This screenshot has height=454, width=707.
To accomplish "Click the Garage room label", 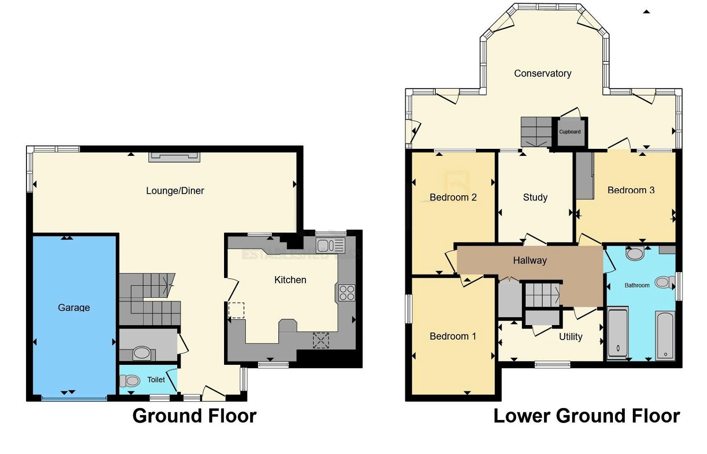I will pos(74,307).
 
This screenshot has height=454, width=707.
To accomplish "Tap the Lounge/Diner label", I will pos(175,191).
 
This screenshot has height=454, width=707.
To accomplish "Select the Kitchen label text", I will pos(290,280).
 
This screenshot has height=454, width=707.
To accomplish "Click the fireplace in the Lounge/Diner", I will pos(174,157).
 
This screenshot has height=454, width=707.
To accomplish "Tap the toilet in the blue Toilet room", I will pos(130,380).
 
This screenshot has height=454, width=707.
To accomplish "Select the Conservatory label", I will pos(543,73).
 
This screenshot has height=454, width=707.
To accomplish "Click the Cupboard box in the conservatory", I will pos(570,132).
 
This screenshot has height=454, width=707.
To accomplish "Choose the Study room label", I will pos(535,197).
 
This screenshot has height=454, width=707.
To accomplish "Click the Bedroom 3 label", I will pos(631,190).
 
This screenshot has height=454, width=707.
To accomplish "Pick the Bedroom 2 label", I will pos(453,197).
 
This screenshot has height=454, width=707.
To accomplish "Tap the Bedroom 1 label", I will pos(453,337).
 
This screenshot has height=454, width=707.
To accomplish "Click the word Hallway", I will pos(530,261).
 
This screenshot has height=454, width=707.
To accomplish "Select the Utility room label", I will pos(570,337).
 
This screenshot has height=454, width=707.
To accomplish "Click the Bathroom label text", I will pos(637,286).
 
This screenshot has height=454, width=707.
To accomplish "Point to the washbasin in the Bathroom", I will pos(635,254).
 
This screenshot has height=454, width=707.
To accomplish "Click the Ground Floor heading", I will pos(194,416).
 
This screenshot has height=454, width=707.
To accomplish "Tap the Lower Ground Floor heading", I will pos(586,416).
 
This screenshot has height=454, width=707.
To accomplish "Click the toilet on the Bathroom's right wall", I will pos(664,282).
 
